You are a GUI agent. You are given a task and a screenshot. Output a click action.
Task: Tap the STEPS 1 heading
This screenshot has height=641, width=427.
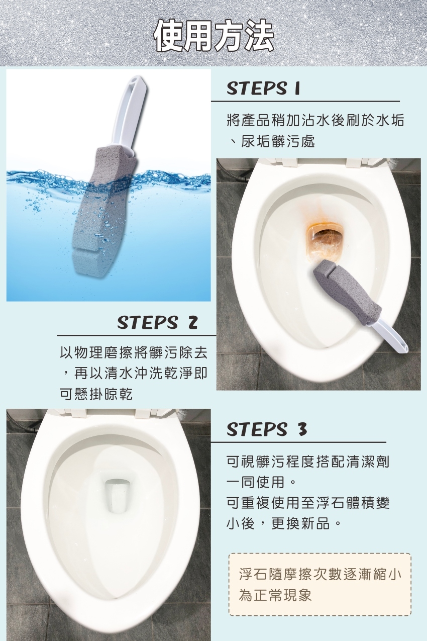click(x=263, y=88)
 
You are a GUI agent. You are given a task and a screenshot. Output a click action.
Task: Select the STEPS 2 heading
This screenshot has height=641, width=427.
click(x=157, y=322)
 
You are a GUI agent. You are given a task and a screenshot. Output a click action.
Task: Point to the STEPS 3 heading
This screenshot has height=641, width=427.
click(x=267, y=429)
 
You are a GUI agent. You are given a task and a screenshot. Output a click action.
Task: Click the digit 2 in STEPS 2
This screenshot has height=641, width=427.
click(x=192, y=323)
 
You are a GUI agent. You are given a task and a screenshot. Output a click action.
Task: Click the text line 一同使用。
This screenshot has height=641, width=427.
click(x=261, y=483)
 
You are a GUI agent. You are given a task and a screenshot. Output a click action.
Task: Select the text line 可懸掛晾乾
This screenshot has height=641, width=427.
click(x=96, y=394)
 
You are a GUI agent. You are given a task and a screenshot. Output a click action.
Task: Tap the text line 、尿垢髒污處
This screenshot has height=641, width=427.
click(x=271, y=141)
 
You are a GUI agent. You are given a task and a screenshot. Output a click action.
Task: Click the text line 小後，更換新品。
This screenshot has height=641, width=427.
click(x=284, y=523)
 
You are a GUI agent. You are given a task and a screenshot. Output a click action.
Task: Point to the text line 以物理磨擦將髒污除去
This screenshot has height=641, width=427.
click(x=133, y=352)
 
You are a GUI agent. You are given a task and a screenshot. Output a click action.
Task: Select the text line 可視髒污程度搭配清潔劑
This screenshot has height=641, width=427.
click(x=308, y=462)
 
